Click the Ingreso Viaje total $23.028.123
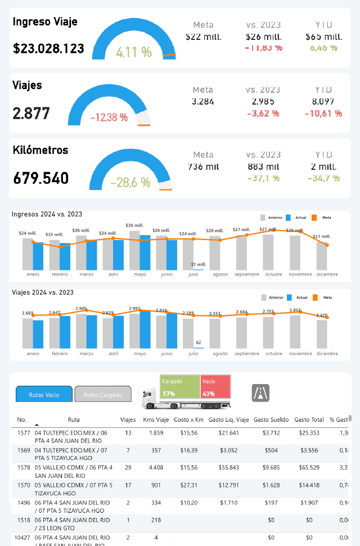(x=48, y=48)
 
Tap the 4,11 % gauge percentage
(x=134, y=52)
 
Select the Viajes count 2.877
(x=31, y=114)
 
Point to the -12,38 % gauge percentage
(x=109, y=118)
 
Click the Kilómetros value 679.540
(x=40, y=179)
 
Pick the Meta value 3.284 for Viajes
(x=202, y=102)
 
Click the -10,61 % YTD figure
(x=323, y=114)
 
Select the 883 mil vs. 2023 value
(x=263, y=166)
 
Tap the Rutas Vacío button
(x=44, y=395)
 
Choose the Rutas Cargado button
(x=103, y=395)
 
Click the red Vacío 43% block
(x=215, y=387)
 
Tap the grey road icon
(x=260, y=392)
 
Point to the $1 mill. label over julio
(x=198, y=264)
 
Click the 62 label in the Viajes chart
(x=198, y=342)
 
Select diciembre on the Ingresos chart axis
(x=327, y=274)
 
